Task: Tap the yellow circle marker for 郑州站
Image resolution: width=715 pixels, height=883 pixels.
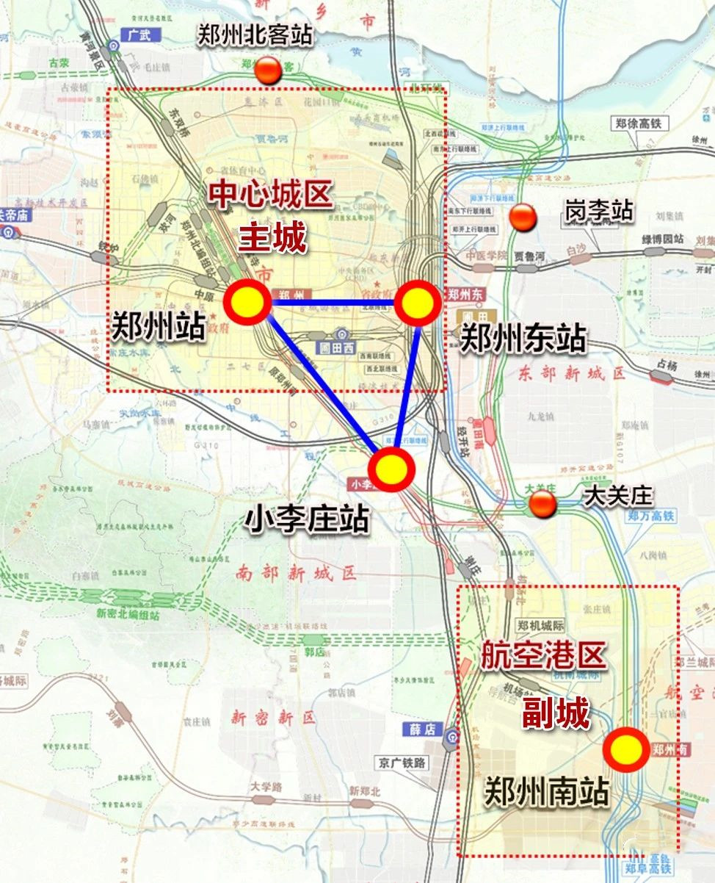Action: pyautogui.click(x=247, y=301)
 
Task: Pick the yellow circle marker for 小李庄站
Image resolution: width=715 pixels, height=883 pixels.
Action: pyautogui.click(x=391, y=469)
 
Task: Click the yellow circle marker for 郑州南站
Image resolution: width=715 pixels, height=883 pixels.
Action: pyautogui.click(x=625, y=750)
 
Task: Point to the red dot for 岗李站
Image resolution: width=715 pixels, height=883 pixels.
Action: pyautogui.click(x=523, y=217)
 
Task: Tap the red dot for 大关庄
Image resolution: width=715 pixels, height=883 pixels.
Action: pyautogui.click(x=542, y=504)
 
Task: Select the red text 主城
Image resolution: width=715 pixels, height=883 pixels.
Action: pyautogui.click(x=272, y=237)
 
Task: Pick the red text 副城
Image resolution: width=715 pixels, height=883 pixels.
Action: pyautogui.click(x=555, y=713)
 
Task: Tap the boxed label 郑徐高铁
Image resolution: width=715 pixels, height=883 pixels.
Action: pyautogui.click(x=639, y=123)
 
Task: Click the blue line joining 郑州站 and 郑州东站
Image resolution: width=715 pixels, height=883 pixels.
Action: pyautogui.click(x=332, y=302)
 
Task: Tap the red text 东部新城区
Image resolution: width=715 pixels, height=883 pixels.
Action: pyautogui.click(x=572, y=373)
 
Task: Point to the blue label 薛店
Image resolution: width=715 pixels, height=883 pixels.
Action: pyautogui.click(x=424, y=729)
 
